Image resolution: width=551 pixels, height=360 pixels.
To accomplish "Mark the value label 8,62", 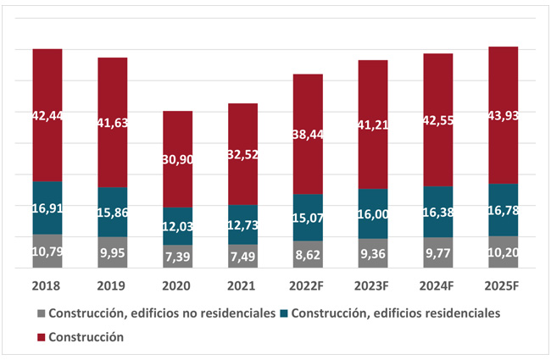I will (308, 253).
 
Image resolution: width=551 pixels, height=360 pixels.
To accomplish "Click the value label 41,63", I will (112, 122).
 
